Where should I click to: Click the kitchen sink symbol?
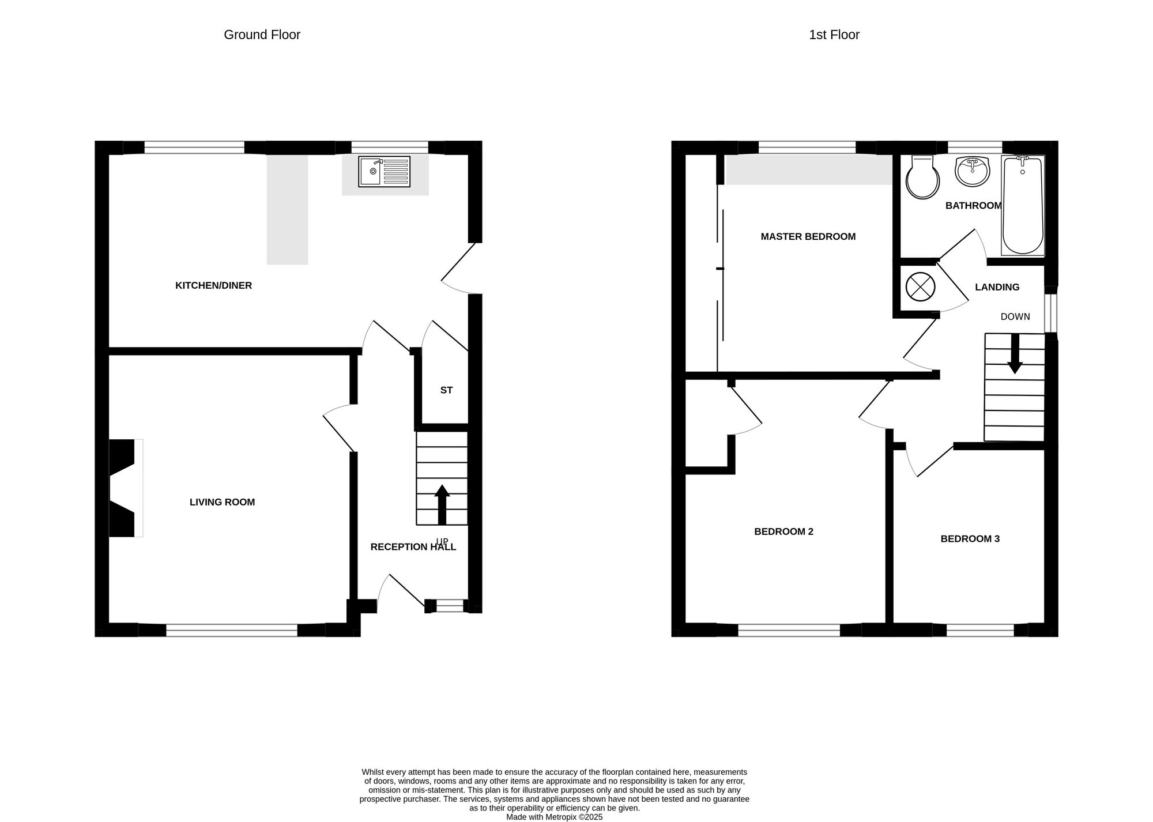(384, 172)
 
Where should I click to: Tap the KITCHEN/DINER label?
(213, 285)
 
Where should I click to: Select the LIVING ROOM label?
(222, 502)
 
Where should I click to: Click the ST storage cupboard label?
(446, 390)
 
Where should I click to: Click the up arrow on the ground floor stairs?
(442, 504)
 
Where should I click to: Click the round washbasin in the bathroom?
(972, 171)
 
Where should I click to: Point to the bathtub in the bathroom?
(1023, 205)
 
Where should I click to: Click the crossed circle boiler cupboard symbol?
(919, 286)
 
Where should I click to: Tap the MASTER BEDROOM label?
(808, 236)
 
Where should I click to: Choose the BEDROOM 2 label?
(783, 531)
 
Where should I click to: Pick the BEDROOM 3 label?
(970, 539)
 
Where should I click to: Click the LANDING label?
(997, 287)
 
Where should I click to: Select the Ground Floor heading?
(262, 35)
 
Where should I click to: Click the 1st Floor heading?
(834, 35)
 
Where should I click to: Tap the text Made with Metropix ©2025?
(554, 817)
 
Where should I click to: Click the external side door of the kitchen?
(459, 268)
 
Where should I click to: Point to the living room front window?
(232, 630)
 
